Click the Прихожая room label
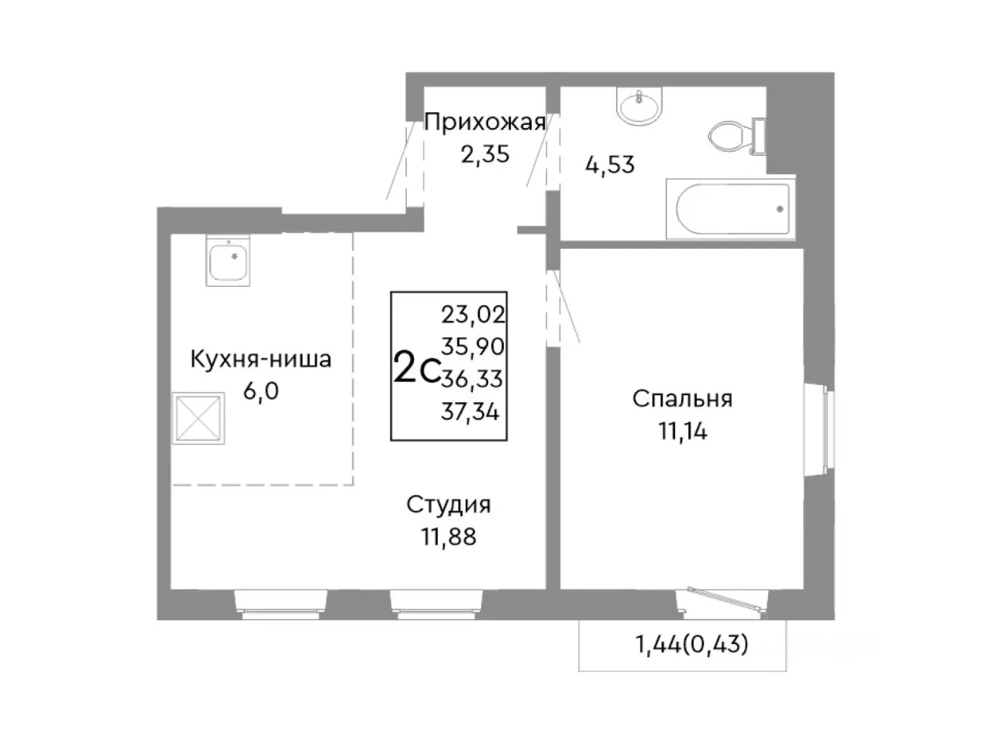(484, 122)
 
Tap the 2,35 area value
(484, 154)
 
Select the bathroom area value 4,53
(608, 164)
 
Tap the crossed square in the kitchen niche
(199, 418)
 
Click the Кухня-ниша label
(260, 360)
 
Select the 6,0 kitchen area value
(260, 391)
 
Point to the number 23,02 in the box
(473, 315)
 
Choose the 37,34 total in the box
(470, 412)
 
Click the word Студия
(449, 505)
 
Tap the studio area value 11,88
(449, 536)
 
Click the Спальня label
(682, 399)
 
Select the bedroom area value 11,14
(682, 431)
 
